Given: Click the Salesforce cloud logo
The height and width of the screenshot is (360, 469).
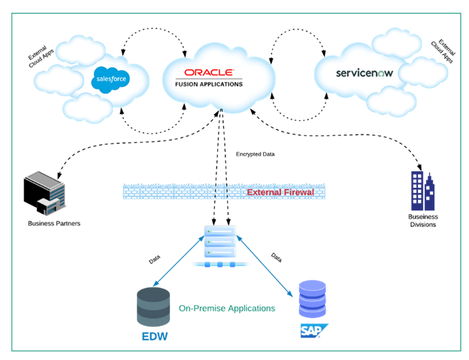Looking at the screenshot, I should [111, 79].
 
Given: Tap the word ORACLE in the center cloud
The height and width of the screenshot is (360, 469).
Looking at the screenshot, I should [204, 74].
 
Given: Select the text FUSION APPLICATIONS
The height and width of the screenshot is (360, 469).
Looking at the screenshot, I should [209, 84].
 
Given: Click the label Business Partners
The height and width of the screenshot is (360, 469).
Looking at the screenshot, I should [54, 223].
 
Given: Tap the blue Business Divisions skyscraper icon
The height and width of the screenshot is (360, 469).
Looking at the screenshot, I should [422, 191].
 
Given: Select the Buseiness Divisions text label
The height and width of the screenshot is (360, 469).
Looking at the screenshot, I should [424, 220].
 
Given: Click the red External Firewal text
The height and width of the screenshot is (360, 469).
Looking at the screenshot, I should [280, 192].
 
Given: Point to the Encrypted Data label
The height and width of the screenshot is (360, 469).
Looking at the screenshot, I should [256, 155].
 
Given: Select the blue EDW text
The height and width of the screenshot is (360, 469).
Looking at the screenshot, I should [155, 335].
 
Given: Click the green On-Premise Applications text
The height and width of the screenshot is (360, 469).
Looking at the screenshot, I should [226, 308].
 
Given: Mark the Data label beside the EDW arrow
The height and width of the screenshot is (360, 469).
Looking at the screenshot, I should [154, 259].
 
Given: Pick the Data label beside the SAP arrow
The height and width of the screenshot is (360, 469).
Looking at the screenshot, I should [276, 257].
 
